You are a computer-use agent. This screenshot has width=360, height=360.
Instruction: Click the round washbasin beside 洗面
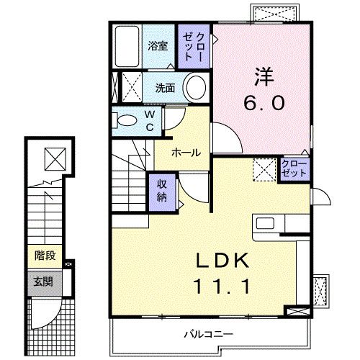pyautogui.click(x=194, y=89)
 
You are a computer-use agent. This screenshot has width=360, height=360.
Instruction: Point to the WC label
pyautogui.click(x=150, y=120)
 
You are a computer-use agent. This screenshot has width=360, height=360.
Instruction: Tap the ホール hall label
pyautogui.click(x=185, y=152)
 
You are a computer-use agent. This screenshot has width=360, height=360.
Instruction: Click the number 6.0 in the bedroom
pyautogui.click(x=267, y=103)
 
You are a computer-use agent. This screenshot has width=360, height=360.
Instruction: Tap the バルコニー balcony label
pyautogui.click(x=208, y=334)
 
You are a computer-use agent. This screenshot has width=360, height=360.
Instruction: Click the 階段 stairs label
pyautogui.click(x=45, y=255)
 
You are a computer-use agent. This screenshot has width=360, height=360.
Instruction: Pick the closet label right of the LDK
pyautogui.click(x=292, y=171)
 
